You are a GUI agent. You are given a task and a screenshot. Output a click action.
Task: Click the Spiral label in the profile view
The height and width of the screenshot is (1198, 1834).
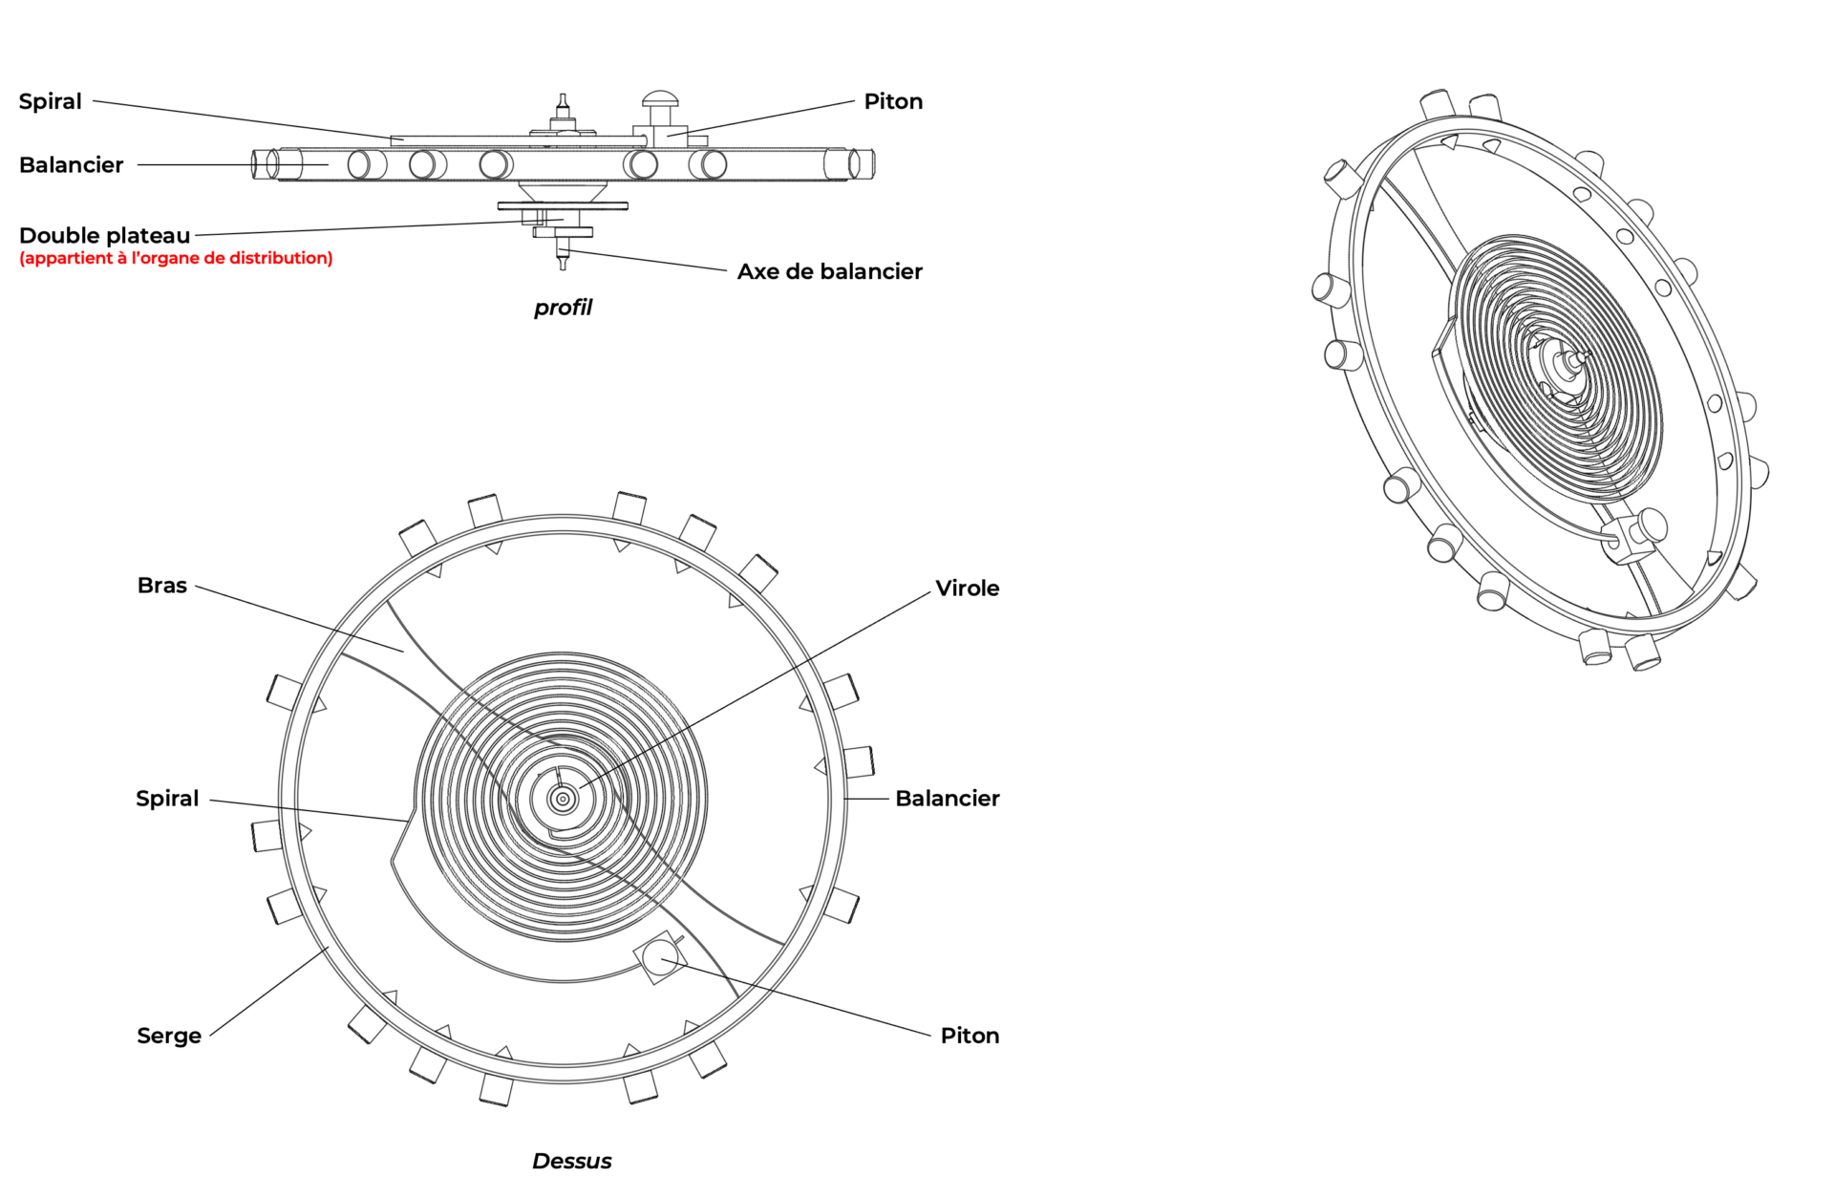[51, 101]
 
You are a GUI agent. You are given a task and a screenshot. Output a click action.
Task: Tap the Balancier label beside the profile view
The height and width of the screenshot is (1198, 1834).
[72, 165]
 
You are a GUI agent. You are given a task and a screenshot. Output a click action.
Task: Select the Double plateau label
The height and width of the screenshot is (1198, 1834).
[105, 236]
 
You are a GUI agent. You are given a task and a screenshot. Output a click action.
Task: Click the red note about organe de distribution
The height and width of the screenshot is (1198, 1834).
[176, 258]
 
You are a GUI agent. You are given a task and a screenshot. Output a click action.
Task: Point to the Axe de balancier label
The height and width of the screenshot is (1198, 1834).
[829, 271]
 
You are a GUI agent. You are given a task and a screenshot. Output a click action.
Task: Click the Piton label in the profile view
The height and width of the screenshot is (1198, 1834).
[893, 101]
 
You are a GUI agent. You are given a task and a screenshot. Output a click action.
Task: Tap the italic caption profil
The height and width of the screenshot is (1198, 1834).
[563, 308]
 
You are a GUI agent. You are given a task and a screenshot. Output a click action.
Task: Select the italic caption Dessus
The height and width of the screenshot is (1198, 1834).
[571, 1161]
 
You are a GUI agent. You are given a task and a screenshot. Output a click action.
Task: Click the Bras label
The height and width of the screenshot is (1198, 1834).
[162, 586]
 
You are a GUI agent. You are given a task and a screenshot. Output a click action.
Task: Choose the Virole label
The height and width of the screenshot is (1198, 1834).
[967, 588]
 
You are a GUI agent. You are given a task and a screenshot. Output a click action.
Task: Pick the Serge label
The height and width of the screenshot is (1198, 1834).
[169, 1036]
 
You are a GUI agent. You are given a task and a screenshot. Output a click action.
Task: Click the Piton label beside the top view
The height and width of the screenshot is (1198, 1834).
[970, 1036]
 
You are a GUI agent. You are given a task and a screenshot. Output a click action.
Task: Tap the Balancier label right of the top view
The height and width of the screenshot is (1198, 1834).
[947, 799]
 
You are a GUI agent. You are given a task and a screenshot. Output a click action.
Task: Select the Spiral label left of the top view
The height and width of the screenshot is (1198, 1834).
[167, 799]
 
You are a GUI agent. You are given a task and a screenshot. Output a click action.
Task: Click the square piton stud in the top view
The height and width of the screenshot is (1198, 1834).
[660, 956]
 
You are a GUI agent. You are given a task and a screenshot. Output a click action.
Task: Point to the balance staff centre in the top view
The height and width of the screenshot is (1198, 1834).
[563, 799]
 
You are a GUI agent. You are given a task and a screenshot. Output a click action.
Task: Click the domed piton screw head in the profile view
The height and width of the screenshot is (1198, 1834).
[659, 97]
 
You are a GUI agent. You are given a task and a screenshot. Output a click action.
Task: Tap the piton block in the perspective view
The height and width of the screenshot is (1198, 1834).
[1635, 537]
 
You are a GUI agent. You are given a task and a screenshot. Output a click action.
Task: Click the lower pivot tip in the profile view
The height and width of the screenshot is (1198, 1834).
[563, 265]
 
